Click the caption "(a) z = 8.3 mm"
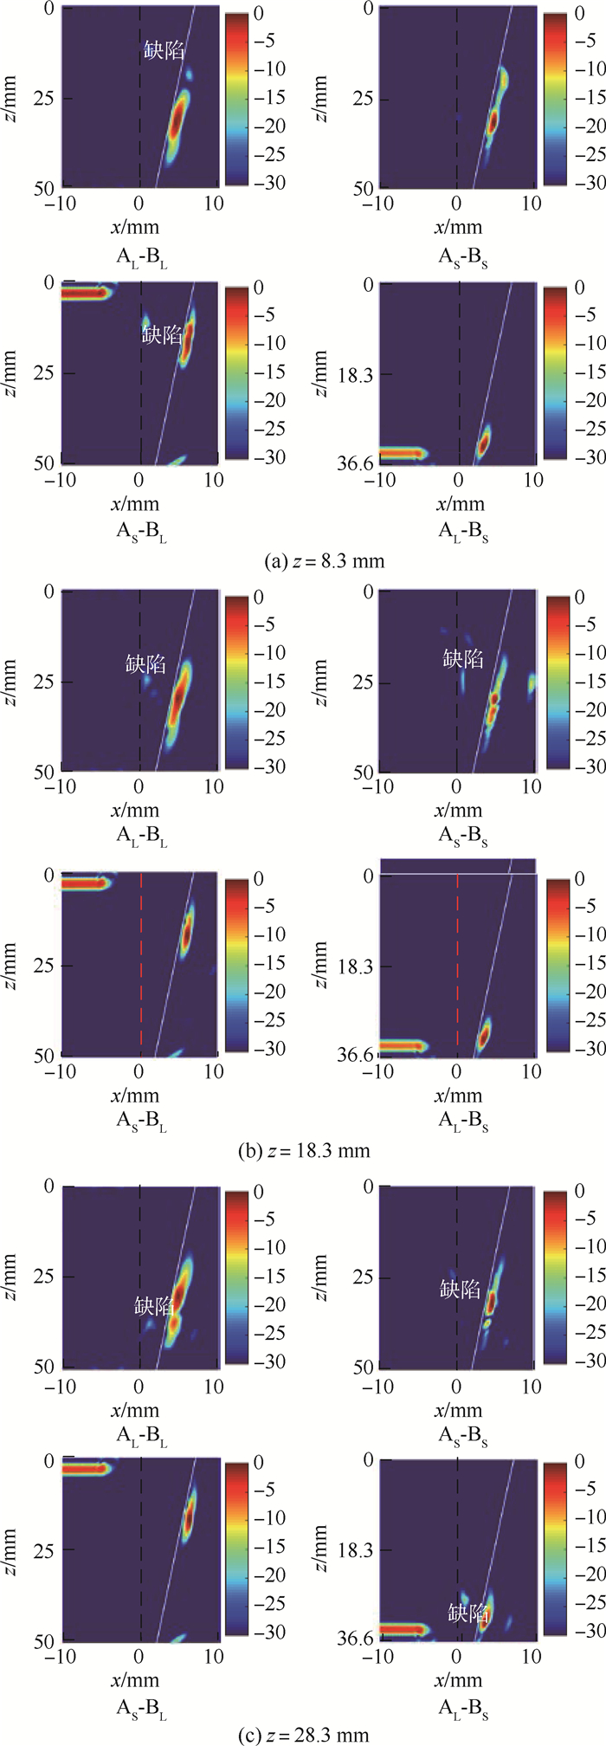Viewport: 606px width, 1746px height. coord(324,561)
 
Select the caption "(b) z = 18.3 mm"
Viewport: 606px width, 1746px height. coord(304,1151)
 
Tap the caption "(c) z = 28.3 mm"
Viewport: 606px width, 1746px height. coord(303,1735)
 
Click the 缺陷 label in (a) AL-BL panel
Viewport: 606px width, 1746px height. coord(164,51)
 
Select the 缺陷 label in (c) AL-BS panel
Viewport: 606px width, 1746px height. coord(468,1613)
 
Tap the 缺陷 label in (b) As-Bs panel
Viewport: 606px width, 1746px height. coord(463,660)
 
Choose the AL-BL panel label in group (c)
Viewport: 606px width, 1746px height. coord(142,1432)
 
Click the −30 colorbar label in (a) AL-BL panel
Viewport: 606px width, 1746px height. coord(272,183)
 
